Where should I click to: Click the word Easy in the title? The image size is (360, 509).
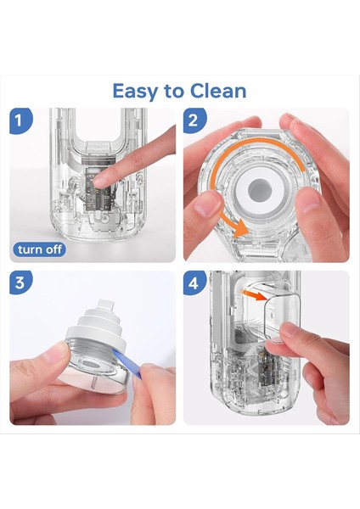134,92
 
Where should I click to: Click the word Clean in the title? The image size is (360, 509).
218,91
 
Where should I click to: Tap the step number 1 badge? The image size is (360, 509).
20,120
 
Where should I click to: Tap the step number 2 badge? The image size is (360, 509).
194,120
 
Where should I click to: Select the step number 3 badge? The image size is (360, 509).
20,282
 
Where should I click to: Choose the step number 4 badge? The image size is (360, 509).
194,282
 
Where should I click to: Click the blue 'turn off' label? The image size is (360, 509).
39,249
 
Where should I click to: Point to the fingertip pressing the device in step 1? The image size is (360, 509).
99,180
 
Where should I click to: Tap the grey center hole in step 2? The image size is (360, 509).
260,190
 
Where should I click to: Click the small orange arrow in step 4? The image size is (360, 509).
255,295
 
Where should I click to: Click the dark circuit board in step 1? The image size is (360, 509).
99,189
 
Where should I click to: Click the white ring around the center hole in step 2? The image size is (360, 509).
260,190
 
